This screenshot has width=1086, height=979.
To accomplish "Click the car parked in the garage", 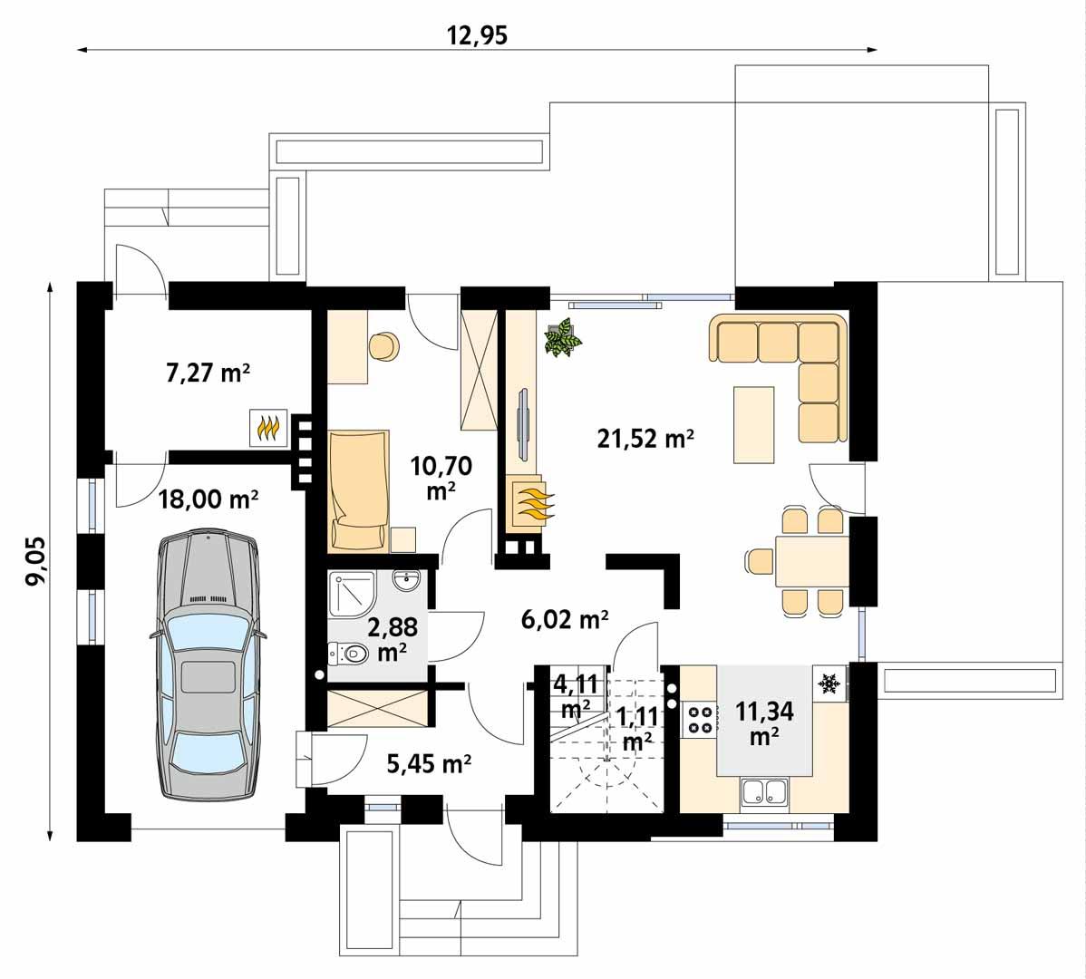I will tap(208, 666).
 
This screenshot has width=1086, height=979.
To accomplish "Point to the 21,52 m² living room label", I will tap(645, 439).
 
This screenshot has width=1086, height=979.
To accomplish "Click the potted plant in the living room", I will tap(562, 338).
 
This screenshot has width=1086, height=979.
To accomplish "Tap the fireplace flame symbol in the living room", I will tap(529, 501).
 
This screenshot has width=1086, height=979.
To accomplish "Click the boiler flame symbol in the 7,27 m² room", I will tap(268, 428).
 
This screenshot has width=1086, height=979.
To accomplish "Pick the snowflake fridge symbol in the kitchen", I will tap(828, 684).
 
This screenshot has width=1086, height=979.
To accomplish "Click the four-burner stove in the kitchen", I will tap(700, 718).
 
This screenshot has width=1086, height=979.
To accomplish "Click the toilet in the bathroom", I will tap(349, 652).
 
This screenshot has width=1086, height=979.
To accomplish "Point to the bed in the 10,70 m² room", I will tap(360, 489).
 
